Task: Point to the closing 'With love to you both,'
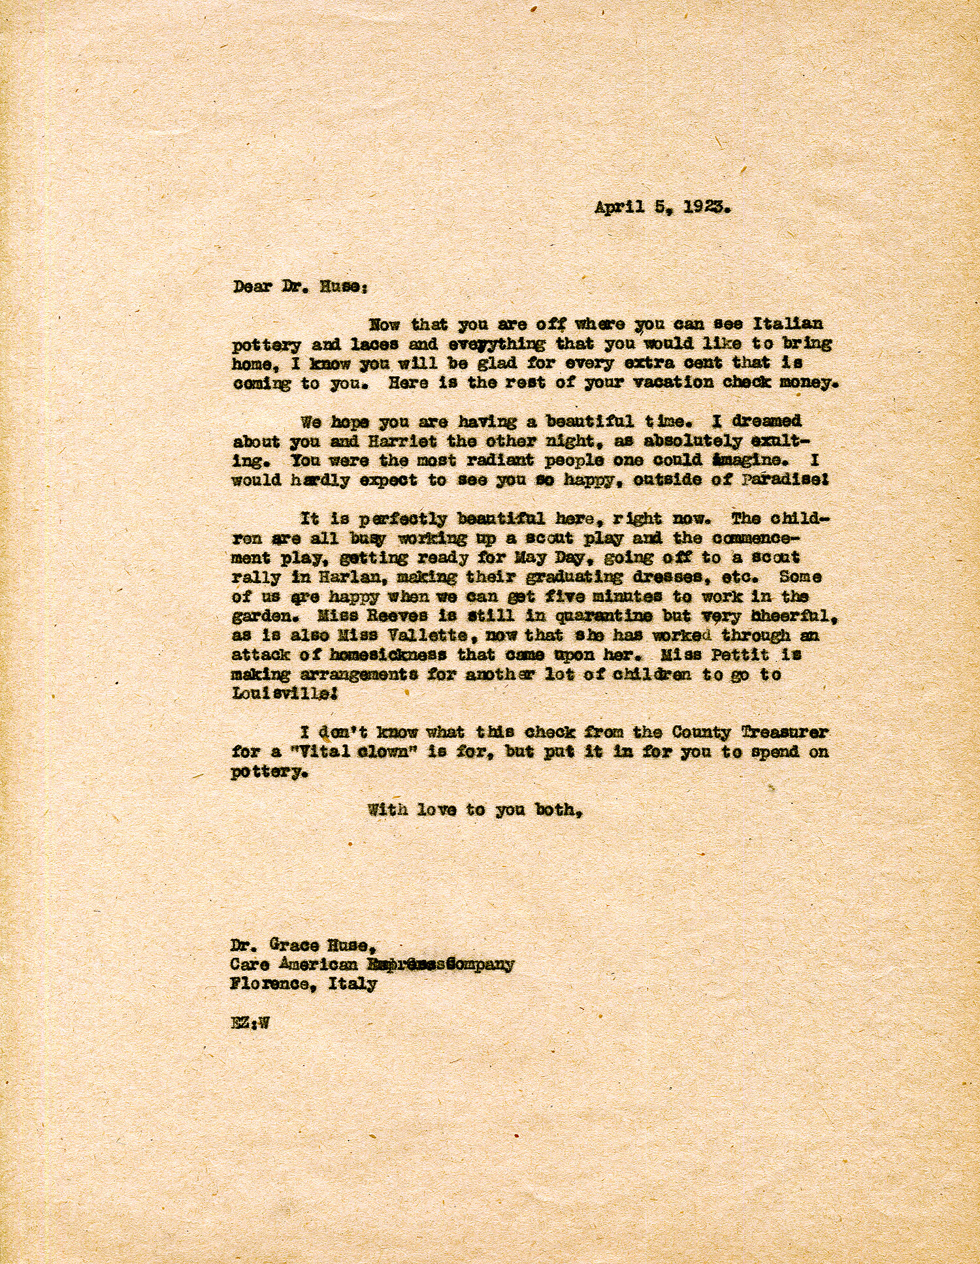click(475, 810)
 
